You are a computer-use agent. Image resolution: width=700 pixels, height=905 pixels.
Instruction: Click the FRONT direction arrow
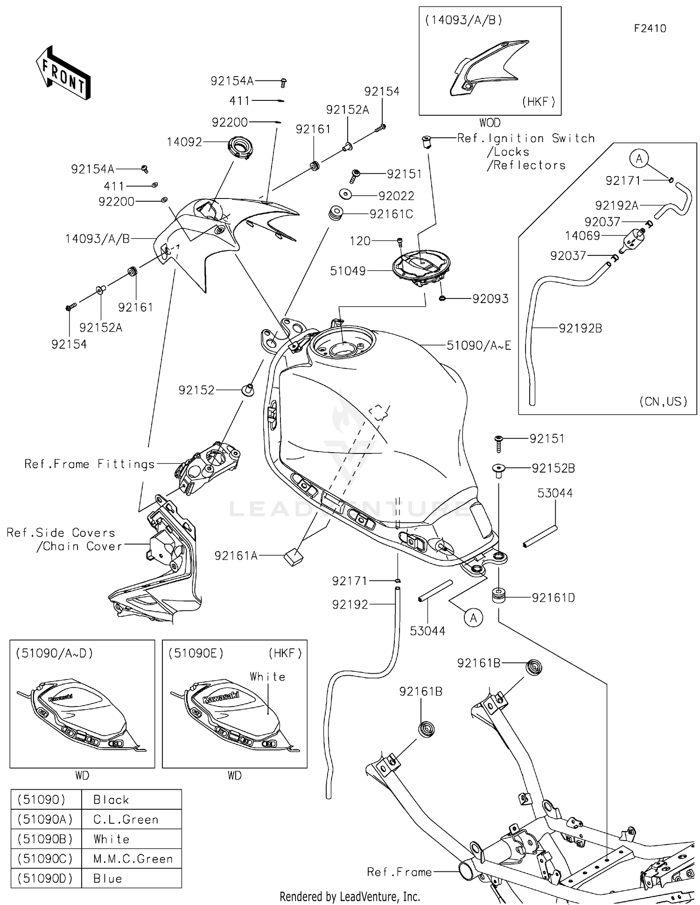tap(63, 73)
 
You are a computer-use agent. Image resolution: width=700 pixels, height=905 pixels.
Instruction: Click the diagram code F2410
tap(650, 28)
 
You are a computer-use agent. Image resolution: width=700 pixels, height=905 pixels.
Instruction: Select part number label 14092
tap(184, 142)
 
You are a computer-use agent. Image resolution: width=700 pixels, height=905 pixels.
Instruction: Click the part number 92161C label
tap(391, 214)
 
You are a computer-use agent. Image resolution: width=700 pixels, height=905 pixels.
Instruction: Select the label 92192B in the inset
tap(581, 328)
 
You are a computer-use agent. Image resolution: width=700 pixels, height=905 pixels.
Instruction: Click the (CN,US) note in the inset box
tap(663, 401)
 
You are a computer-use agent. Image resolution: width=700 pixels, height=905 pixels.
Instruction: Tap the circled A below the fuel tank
tap(473, 618)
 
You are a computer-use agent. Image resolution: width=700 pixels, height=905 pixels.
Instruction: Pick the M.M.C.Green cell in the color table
tap(133, 859)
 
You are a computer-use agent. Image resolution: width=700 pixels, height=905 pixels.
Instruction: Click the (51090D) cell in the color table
tap(45, 878)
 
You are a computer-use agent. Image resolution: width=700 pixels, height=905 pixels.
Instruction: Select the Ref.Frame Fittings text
tap(90, 464)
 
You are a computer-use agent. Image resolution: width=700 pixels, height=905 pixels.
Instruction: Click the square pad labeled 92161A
tap(293, 557)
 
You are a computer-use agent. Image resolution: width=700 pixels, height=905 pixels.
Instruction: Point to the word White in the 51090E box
tap(267, 677)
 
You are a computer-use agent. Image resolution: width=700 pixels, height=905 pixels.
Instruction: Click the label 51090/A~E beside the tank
tap(479, 346)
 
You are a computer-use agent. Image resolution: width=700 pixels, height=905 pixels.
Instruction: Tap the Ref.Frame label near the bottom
tap(399, 872)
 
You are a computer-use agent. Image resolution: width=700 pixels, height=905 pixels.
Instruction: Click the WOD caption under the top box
tap(490, 123)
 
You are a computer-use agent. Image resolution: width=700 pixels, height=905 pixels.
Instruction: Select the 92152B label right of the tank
tap(553, 468)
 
